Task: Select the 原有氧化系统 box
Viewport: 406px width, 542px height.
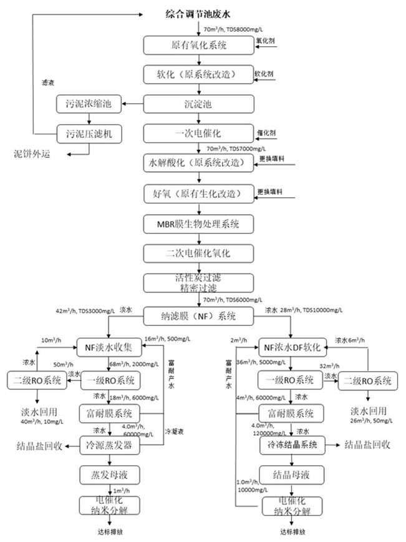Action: coord(198,45)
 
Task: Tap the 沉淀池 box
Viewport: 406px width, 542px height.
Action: coord(198,104)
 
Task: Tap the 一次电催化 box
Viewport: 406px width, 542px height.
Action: coord(198,133)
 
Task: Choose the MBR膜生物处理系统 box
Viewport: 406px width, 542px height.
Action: coord(198,223)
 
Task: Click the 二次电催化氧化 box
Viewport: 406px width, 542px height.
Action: coord(198,253)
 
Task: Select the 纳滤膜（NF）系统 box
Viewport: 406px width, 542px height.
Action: coord(198,316)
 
